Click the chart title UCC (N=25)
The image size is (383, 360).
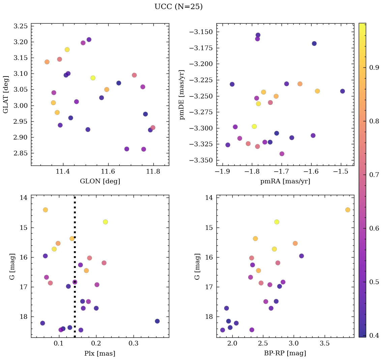click(x=178, y=7)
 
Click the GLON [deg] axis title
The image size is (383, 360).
click(x=100, y=181)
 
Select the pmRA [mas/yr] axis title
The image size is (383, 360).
click(x=285, y=181)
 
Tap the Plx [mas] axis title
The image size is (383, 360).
click(x=100, y=353)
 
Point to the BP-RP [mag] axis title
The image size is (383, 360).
click(x=285, y=353)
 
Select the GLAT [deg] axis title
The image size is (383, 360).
click(x=5, y=94)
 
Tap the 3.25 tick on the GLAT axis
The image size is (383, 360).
click(x=21, y=26)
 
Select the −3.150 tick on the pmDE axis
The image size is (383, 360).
click(x=201, y=32)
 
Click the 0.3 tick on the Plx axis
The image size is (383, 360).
click(x=134, y=344)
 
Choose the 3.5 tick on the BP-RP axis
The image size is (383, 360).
click(x=324, y=344)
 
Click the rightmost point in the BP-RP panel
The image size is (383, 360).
click(x=348, y=210)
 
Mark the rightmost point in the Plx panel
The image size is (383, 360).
click(x=157, y=321)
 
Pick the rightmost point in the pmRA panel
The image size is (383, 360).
click(x=343, y=91)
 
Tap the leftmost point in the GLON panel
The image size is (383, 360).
click(x=47, y=62)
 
